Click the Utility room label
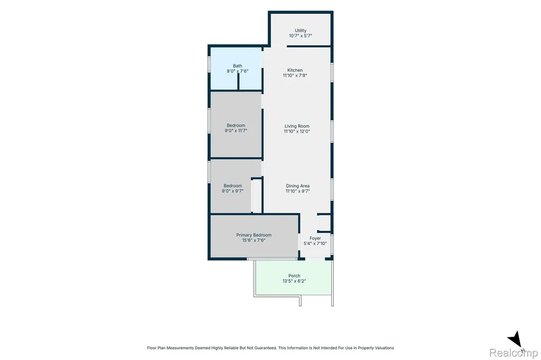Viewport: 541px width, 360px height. tap(301, 30)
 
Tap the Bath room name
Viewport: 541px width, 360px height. tap(237, 66)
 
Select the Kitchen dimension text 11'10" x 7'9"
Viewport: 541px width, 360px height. tap(295, 75)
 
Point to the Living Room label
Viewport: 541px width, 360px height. tap(297, 126)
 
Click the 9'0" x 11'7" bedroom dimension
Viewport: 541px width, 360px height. tap(236, 131)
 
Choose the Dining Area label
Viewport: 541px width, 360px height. tap(297, 186)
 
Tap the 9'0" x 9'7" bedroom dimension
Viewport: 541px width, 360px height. tap(232, 191)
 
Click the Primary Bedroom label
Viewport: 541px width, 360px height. tap(254, 235)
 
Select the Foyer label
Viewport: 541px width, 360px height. tap(315, 238)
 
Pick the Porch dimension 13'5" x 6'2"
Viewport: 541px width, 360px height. tap(294, 281)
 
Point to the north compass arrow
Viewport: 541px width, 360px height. tap(515, 339)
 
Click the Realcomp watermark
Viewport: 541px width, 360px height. tap(514, 353)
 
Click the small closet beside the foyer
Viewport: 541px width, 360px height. tap(324, 223)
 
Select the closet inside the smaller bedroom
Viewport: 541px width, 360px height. tap(256, 195)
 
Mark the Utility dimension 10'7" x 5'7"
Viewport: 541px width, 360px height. tap(301, 35)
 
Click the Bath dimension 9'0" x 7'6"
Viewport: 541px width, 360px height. tap(237, 71)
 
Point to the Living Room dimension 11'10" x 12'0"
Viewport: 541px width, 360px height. tap(297, 131)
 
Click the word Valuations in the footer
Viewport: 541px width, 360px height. tap(384, 348)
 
